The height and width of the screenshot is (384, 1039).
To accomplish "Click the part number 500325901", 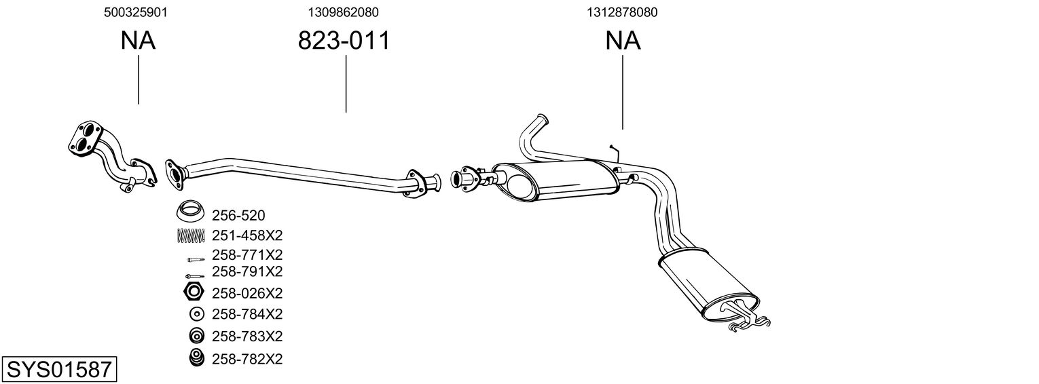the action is pos(136,12).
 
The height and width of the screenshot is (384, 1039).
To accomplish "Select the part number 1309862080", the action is pos(343,12).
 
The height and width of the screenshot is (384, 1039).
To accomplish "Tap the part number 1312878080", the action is pos(622,12).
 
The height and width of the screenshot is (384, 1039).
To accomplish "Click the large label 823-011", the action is pos(344,41).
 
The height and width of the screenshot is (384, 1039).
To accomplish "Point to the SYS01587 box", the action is pos(59,370).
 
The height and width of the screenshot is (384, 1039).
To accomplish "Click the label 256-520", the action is pos(238,216).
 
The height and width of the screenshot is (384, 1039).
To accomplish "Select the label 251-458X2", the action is pos(247,235).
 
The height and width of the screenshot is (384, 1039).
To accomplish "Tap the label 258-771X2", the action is pos(247,255).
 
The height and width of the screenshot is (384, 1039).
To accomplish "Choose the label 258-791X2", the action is pos(247,271).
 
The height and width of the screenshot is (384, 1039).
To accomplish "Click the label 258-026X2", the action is pos(247,293).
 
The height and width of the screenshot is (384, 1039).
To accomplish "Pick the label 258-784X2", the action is pos(247,314).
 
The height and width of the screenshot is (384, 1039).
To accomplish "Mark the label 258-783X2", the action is pos(247,336).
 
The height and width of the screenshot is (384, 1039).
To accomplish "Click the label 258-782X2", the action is pos(247,358).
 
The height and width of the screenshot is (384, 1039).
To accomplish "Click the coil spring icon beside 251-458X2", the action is pos(191,235).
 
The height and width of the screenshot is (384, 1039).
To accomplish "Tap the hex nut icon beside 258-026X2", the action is pos(194,293).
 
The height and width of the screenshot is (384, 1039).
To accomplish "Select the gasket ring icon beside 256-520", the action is pos(191,212).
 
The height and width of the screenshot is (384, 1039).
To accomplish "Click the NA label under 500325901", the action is pos(138,41).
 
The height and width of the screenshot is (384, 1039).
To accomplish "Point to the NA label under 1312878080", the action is pos(623,41).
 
